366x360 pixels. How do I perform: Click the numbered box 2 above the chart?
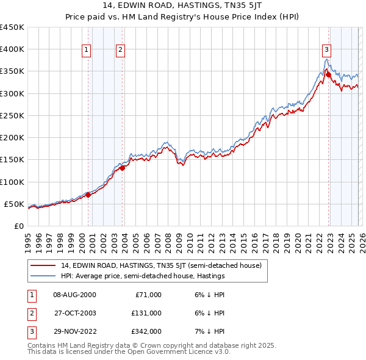(x=121, y=50)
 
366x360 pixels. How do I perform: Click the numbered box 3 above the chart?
(x=327, y=50)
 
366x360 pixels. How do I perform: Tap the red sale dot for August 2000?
(x=88, y=195)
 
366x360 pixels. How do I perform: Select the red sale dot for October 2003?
(x=123, y=168)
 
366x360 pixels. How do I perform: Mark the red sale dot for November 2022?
(x=328, y=74)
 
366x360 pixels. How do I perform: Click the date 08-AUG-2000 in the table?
(x=74, y=294)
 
